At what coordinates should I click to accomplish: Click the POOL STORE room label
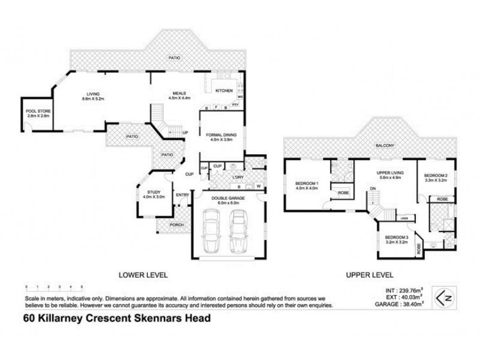37,112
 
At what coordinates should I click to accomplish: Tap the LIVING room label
92,94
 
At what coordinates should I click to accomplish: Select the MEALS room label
180,94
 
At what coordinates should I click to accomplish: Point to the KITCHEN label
224,91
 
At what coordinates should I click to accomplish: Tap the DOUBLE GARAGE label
226,200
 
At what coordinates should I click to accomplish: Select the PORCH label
176,225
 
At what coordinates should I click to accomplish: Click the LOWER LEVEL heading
143,275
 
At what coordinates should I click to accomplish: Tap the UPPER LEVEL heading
370,275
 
